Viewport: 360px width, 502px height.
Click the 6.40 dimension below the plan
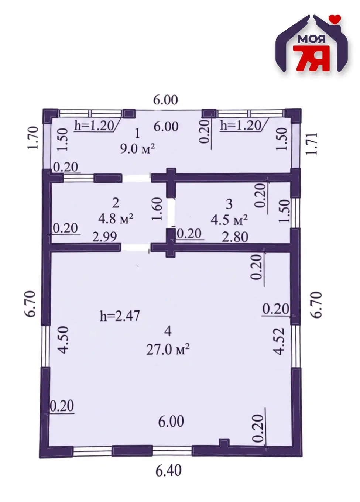(x=168, y=488)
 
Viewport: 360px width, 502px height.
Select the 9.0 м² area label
(x=137, y=149)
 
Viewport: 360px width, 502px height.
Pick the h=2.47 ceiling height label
(x=120, y=317)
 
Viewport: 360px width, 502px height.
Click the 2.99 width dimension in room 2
(x=105, y=237)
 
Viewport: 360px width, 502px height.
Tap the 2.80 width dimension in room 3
(x=235, y=237)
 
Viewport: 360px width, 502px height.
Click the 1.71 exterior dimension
(x=311, y=144)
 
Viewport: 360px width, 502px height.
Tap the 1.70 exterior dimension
(x=32, y=138)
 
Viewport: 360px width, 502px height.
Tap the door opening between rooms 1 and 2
(x=136, y=178)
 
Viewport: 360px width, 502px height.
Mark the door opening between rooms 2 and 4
(x=136, y=247)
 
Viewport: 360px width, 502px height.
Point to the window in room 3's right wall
(x=296, y=213)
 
